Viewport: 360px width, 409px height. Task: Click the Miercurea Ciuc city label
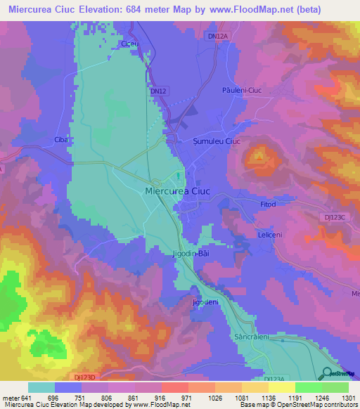tap(178, 190)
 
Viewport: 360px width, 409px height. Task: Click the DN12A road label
tap(218, 34)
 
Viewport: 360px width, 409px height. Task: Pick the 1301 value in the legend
tap(347, 397)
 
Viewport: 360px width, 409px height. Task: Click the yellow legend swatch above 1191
tap(282, 387)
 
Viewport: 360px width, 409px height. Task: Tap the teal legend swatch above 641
tap(41, 387)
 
